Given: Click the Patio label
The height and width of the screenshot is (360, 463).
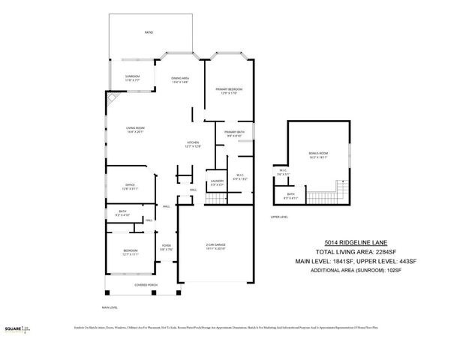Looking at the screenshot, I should [149, 33].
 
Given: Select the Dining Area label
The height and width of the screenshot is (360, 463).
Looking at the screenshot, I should [180, 79].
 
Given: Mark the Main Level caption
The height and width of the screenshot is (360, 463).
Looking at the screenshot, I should [110, 307].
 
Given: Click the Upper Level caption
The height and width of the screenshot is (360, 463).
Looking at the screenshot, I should [280, 217].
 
